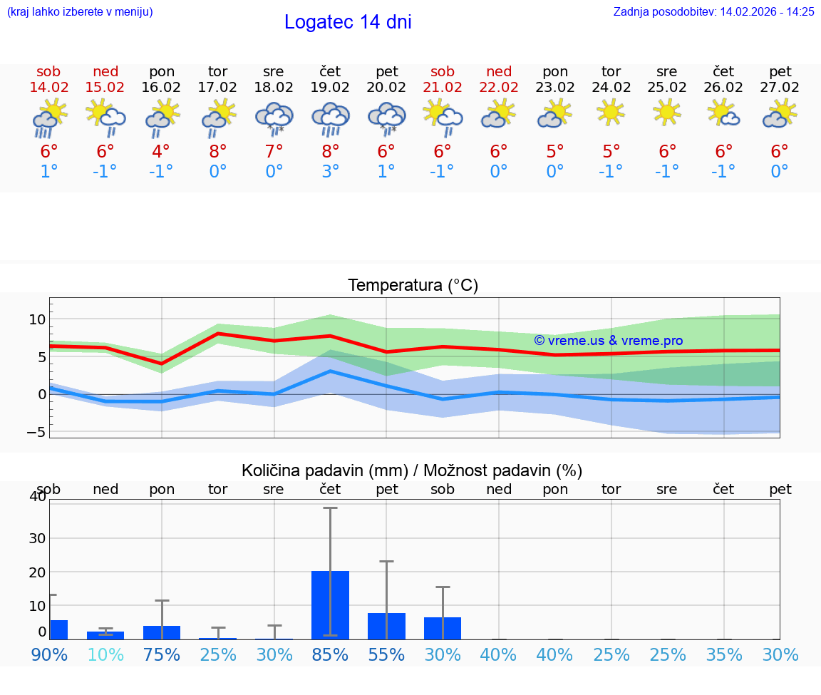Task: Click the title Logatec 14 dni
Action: [348, 22]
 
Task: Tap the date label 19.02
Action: [330, 87]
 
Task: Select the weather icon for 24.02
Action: [611, 113]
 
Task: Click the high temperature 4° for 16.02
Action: [161, 151]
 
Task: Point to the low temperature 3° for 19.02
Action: [330, 171]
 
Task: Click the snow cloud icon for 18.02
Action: [274, 118]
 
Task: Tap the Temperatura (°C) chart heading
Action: [413, 285]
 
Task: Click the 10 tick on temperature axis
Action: [37, 319]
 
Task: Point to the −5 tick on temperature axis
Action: [36, 432]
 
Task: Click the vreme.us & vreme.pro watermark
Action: [608, 341]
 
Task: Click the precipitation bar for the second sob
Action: [443, 628]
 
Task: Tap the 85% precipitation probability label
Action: [330, 654]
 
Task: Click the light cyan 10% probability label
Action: [105, 654]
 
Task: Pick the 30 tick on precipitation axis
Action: [37, 537]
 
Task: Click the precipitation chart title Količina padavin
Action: [412, 470]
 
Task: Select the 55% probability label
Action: [386, 654]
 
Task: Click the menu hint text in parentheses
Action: [79, 11]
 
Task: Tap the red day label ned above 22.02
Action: [499, 71]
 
